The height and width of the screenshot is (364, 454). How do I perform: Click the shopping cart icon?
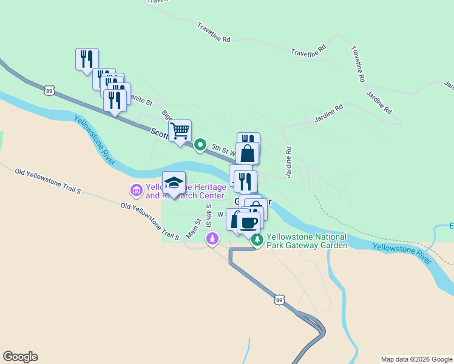coord(180,131)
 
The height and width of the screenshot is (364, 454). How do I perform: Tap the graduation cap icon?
coord(174,183)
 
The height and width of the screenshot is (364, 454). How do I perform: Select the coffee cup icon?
coord(248,223)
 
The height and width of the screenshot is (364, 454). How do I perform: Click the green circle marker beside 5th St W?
coord(200,145)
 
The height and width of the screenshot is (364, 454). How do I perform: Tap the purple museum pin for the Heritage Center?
coord(136,191)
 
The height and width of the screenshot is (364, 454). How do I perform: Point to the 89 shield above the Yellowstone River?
coord(49,91)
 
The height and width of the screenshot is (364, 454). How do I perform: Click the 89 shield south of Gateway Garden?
coord(279,299)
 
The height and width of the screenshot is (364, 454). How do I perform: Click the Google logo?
coord(20,357)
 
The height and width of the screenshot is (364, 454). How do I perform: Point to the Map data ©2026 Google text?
coord(416,359)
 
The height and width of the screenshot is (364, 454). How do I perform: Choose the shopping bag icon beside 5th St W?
coord(248,153)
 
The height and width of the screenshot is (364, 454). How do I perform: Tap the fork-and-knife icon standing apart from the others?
coord(87,59)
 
